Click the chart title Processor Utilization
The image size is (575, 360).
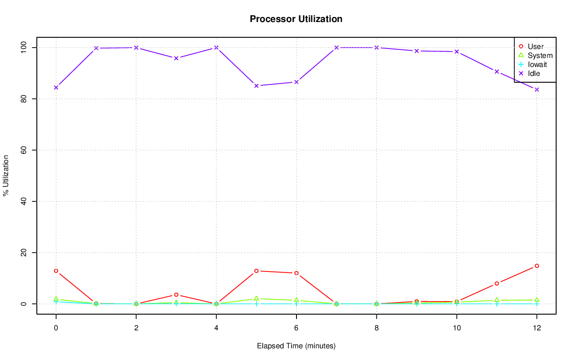point(296,19)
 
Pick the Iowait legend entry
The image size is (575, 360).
point(537,65)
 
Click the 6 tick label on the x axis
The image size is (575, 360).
point(296,328)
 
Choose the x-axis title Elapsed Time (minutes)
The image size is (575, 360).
point(296,346)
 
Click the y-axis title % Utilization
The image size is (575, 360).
point(6,176)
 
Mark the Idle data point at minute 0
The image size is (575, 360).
point(56,87)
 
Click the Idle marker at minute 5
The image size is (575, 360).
point(257,85)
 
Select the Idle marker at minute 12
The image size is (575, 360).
point(537,89)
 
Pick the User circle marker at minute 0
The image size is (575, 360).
point(56,271)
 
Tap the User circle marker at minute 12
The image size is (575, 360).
point(537,266)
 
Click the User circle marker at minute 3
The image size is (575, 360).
point(176,295)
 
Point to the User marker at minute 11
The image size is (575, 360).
point(497,284)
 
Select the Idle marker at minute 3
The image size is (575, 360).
point(176,58)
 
